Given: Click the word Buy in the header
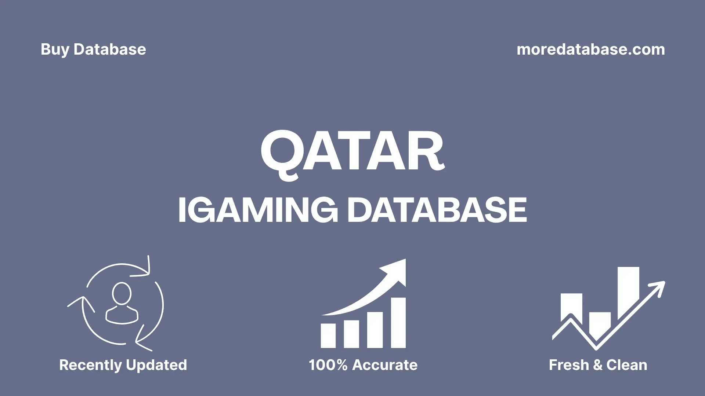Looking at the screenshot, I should [x=55, y=49].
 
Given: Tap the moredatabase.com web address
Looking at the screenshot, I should [x=590, y=49].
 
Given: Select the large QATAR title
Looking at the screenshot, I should [x=352, y=151].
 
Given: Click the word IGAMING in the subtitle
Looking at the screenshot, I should [x=257, y=210].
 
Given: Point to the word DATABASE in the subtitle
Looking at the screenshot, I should [x=437, y=210].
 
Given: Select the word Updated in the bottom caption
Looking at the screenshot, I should [x=156, y=365].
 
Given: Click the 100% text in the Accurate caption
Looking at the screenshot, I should [x=328, y=365].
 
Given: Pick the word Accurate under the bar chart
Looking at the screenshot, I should [x=385, y=365].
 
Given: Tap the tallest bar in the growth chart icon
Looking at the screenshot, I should [x=398, y=323].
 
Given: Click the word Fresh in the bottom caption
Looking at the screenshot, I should [x=569, y=365].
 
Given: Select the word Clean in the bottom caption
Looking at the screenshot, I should [x=627, y=365].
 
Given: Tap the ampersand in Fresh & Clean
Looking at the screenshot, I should [x=597, y=365].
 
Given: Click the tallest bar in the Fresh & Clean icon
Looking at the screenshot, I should [x=628, y=290].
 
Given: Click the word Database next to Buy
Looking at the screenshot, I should [x=110, y=49].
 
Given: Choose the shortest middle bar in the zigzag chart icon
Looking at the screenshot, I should [x=600, y=323].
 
